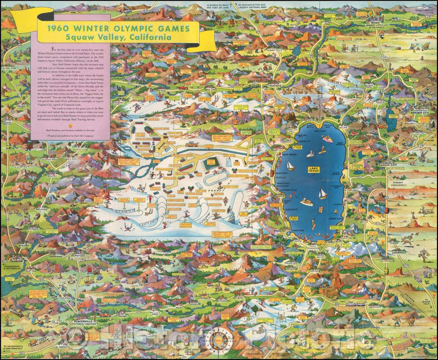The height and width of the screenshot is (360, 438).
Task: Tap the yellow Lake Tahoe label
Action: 313,170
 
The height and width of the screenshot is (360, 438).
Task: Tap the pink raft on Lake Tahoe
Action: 326,138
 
